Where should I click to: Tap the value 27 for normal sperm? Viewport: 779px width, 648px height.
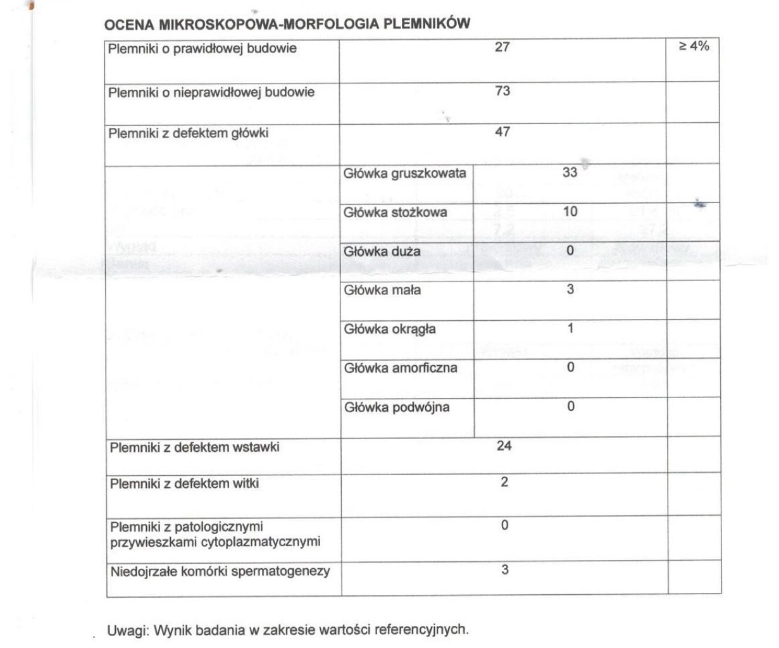coord(502,47)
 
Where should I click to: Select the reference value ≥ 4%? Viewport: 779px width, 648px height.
coord(694,47)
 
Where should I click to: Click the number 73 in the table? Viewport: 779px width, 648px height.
coord(502,90)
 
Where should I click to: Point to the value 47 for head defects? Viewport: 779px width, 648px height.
coord(502,132)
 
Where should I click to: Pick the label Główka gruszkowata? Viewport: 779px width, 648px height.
coord(405,173)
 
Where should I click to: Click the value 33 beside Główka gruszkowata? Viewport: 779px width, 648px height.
coord(570,171)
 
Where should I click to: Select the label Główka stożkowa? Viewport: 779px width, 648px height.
coord(395,213)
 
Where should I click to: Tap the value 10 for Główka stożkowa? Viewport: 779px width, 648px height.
coord(570,211)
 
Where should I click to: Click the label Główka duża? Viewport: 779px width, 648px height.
coord(382,252)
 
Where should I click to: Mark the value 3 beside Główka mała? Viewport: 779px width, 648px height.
coord(570,290)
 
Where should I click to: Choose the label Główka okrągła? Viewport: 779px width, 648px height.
coord(390,329)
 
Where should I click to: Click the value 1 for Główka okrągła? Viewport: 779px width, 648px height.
coord(570,328)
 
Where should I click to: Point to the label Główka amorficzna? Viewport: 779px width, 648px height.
coord(401,368)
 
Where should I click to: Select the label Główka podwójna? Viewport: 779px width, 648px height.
coord(397,407)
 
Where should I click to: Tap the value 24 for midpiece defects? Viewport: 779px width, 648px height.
coord(504,445)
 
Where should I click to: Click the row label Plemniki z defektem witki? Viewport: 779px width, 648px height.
coord(184,484)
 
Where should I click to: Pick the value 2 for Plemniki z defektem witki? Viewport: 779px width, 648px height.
coord(504,482)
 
